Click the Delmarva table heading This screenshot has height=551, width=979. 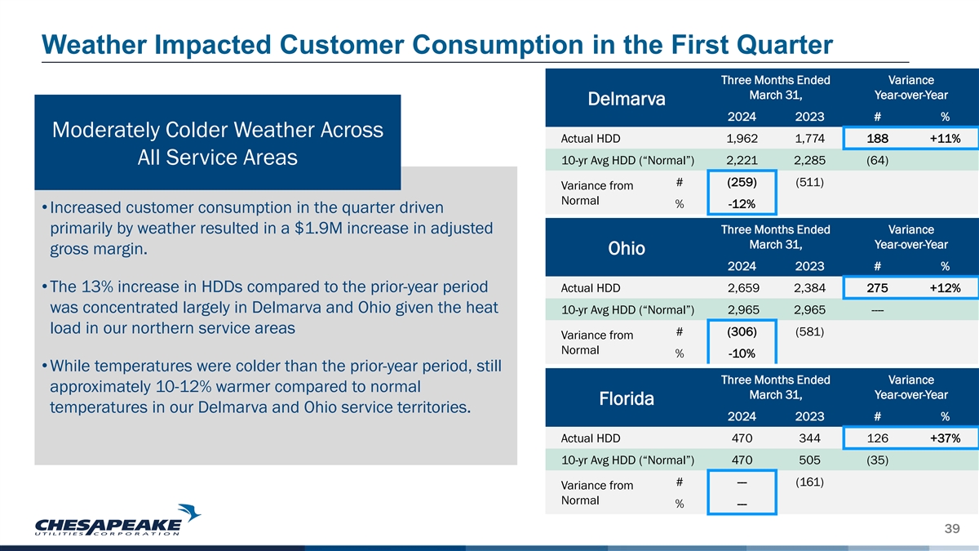626,100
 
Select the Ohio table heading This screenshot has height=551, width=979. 626,248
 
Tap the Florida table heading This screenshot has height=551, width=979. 626,399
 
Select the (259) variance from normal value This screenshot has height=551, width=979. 742,181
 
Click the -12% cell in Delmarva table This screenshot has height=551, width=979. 742,202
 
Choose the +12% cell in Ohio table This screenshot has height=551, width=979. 944,288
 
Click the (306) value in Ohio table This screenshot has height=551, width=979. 742,331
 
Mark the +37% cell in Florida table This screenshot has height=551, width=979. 944,438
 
